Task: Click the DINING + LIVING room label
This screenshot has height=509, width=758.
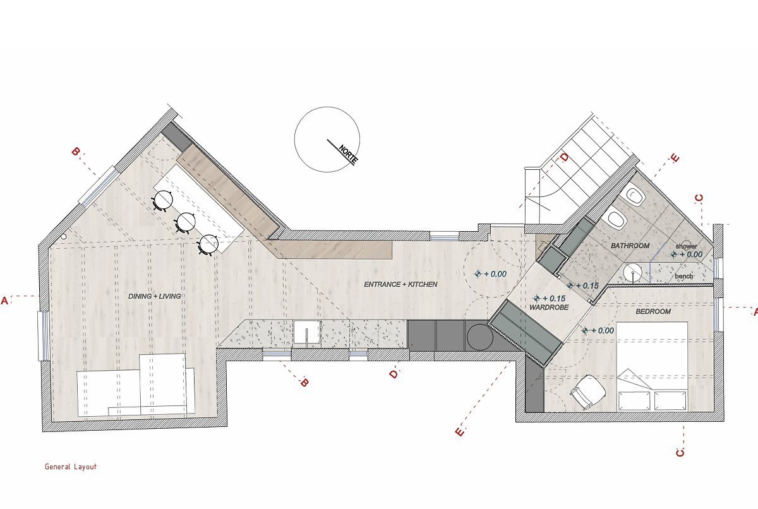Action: coord(154,296)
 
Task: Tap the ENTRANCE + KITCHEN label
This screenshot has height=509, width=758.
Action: coord(400,284)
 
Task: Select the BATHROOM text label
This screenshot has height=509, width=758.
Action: coord(630,246)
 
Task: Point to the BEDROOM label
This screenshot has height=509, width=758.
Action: coord(653,311)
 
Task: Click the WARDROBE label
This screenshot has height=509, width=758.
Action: coord(549,308)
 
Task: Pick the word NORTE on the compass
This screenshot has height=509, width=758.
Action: coord(347,155)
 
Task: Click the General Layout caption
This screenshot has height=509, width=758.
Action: coord(71,467)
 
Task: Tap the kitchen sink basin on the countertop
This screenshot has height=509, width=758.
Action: coord(307,332)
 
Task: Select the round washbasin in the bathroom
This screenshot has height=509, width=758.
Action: coord(632,272)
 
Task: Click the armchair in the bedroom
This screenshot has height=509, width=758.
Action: coord(588,392)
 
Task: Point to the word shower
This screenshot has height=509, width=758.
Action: coord(686,246)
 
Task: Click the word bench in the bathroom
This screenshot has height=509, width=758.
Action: coord(684,277)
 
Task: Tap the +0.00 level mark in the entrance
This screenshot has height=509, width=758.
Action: coord(491,274)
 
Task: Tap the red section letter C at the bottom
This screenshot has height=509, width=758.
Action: coord(680,453)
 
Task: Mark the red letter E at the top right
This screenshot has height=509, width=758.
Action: coord(675,158)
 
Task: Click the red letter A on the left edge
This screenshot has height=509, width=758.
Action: coord(4,301)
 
